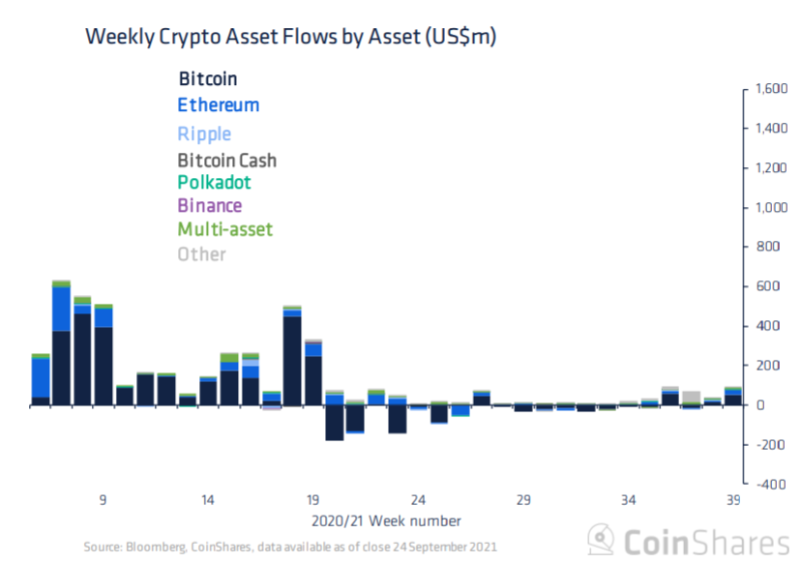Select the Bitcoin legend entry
tap(207, 79)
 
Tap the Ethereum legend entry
tap(218, 104)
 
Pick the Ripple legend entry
tap(204, 133)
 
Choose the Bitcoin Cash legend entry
tap(226, 160)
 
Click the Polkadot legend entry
tap(214, 182)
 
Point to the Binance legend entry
tap(209, 205)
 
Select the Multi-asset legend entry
tap(224, 229)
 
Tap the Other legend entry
tap(201, 254)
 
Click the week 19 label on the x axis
tap(312, 500)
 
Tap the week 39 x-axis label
tap(733, 500)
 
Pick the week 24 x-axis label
tap(418, 500)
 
